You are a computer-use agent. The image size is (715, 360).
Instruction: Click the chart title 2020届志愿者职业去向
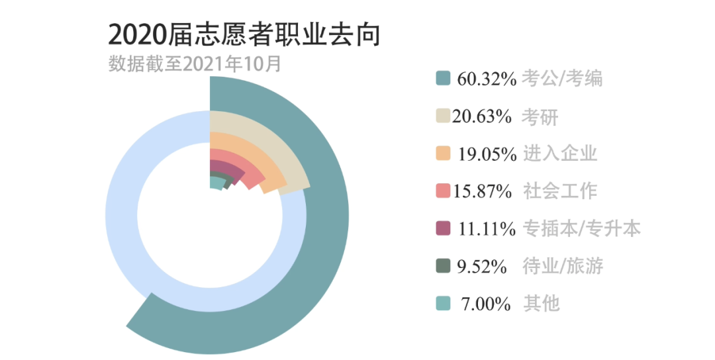[244, 34]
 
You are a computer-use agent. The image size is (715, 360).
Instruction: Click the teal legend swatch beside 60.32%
[443, 78]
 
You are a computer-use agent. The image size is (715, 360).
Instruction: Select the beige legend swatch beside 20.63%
[443, 116]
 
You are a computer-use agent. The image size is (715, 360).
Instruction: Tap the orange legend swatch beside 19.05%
[443, 154]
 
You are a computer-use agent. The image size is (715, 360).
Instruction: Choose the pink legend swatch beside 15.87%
[443, 191]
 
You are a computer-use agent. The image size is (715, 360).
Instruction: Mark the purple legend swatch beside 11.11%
[443, 228]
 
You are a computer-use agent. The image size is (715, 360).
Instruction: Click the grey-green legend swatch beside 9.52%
[443, 266]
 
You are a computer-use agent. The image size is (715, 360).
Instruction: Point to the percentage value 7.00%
[485, 304]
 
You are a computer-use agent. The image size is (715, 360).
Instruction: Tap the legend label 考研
[540, 116]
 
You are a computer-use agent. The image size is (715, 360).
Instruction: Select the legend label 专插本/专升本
[582, 228]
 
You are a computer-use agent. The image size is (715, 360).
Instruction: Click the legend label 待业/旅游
[563, 266]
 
